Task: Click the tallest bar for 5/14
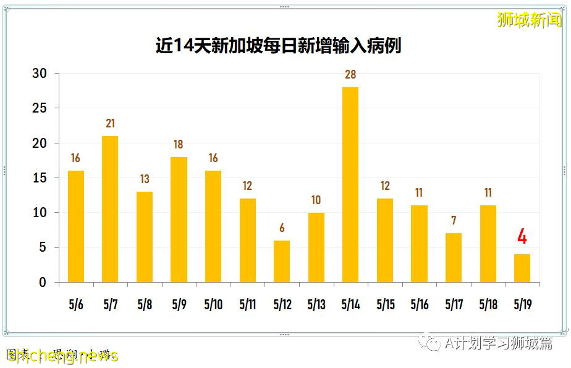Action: click(x=350, y=184)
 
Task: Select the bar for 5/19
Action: click(x=522, y=268)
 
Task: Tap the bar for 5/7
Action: click(x=110, y=209)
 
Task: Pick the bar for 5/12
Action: click(x=282, y=261)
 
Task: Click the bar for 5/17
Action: click(x=453, y=257)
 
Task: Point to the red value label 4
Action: click(x=522, y=237)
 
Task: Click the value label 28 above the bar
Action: click(x=350, y=75)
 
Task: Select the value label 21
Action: click(x=110, y=124)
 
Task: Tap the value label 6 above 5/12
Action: click(x=282, y=228)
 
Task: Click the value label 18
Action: click(x=179, y=145)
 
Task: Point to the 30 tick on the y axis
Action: click(x=39, y=74)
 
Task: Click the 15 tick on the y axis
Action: click(x=39, y=178)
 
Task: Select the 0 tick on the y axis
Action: click(x=42, y=283)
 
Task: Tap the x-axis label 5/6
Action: click(x=76, y=304)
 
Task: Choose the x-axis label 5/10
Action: click(x=213, y=304)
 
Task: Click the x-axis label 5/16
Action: click(x=419, y=304)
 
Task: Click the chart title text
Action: click(x=279, y=46)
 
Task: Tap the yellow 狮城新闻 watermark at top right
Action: click(x=531, y=20)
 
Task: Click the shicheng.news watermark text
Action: click(x=62, y=356)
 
